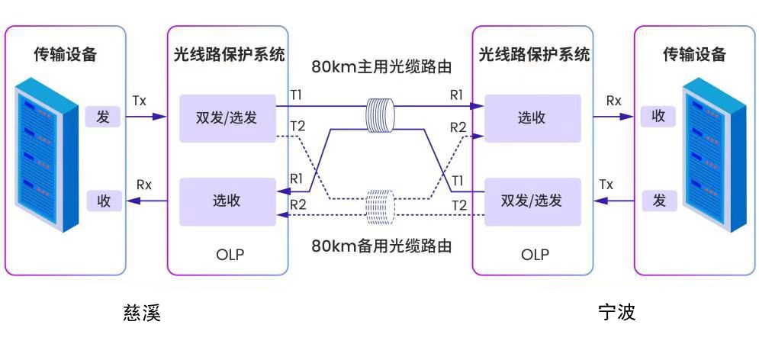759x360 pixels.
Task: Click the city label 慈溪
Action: pyautogui.click(x=142, y=313)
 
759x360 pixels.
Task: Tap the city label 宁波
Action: pyautogui.click(x=616, y=313)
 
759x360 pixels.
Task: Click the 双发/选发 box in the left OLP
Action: pyautogui.click(x=227, y=118)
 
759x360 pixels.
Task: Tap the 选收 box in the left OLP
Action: pyautogui.click(x=227, y=201)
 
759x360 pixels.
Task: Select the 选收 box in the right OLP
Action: pyautogui.click(x=532, y=118)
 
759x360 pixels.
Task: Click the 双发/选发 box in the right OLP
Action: pyautogui.click(x=532, y=201)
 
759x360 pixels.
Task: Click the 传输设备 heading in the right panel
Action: pyautogui.click(x=693, y=55)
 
